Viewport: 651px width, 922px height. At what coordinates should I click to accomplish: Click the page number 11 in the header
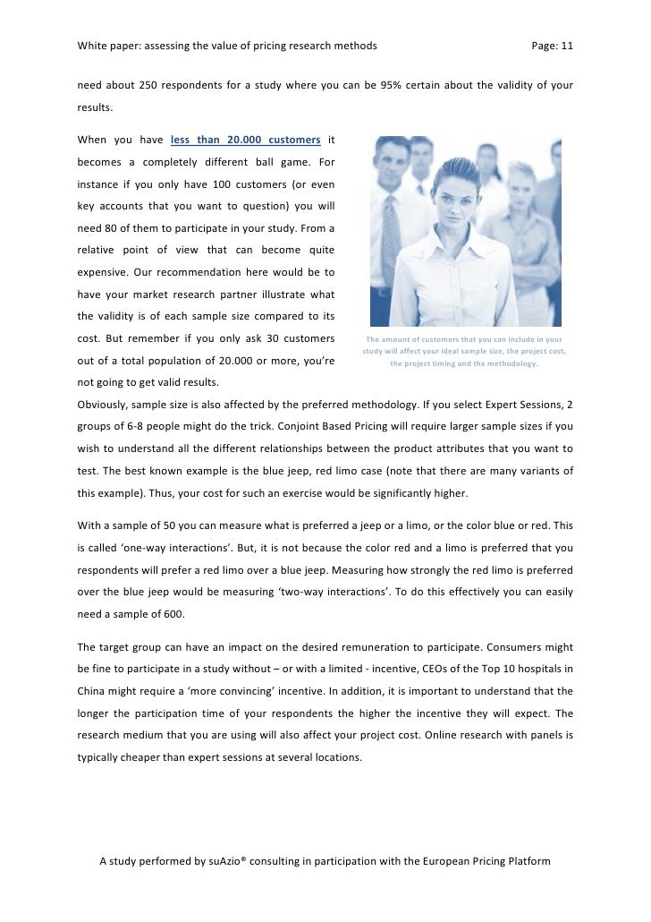pos(565,45)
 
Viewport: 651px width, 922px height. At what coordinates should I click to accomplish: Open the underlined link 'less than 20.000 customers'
pos(245,141)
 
